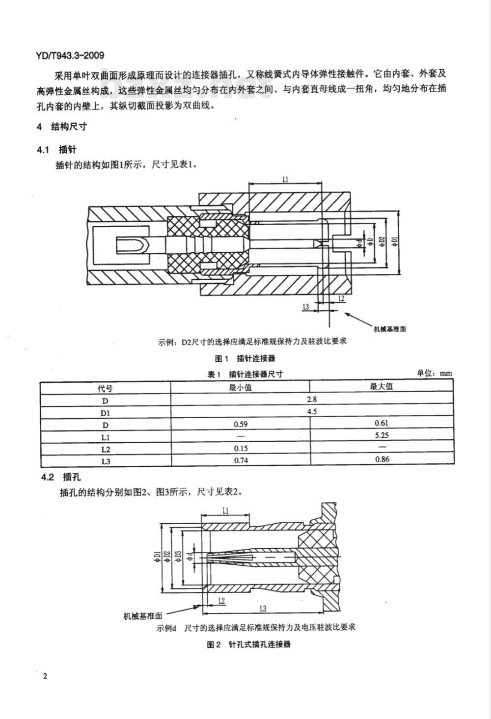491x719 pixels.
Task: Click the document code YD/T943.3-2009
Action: point(70,55)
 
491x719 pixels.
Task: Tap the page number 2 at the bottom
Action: point(45,676)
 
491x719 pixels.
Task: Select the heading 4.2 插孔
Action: point(61,478)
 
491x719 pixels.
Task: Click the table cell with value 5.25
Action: point(382,435)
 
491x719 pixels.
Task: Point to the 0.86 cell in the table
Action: point(382,459)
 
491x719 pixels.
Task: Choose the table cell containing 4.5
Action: point(311,411)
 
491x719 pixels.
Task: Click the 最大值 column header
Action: point(381,386)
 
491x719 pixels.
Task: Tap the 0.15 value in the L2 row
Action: point(241,449)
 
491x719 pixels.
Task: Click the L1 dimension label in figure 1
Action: point(285,180)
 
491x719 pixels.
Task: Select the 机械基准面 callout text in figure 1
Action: point(390,329)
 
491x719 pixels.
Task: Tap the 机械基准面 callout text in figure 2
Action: point(143,616)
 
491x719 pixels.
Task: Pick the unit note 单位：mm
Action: point(434,373)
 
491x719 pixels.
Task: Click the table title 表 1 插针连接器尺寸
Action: point(245,374)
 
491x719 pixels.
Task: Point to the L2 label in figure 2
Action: point(221,601)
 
